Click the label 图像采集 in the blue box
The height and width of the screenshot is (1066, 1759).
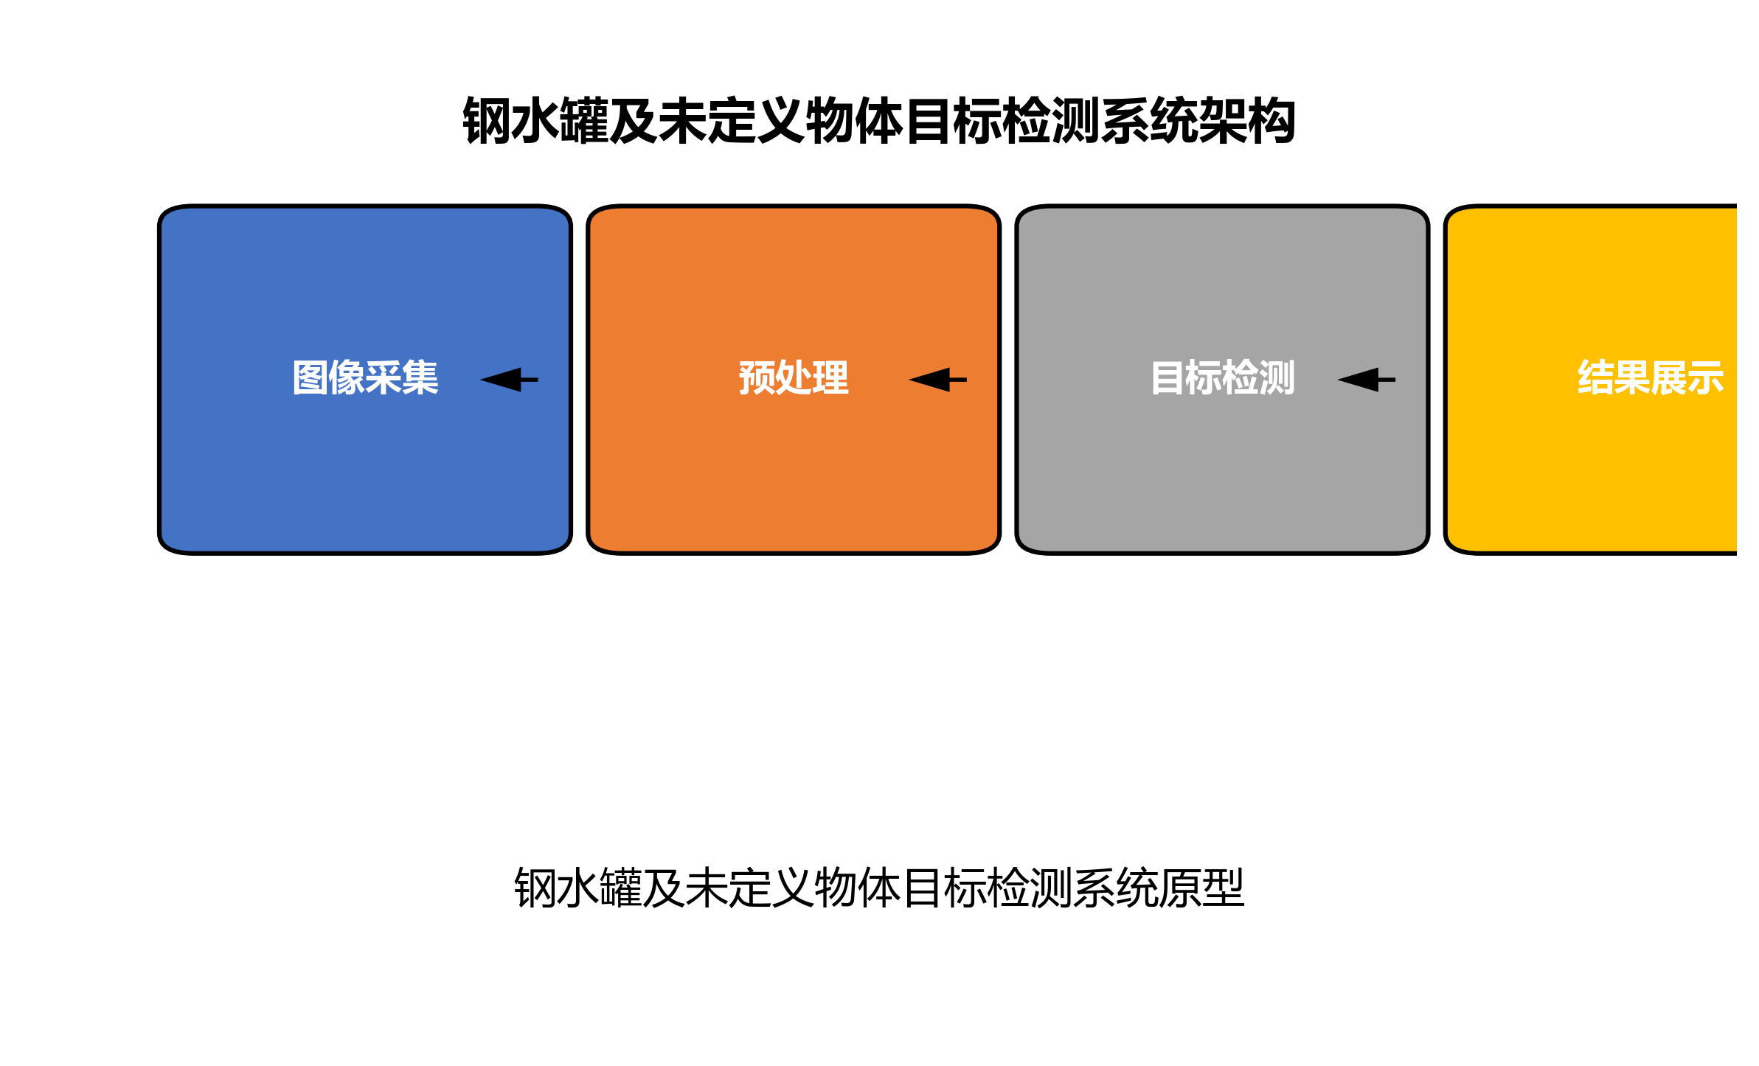point(365,378)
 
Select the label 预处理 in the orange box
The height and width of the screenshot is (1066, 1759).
point(794,378)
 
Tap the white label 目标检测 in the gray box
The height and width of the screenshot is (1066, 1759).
point(1222,378)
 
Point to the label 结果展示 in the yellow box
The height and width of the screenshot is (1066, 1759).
point(1651,378)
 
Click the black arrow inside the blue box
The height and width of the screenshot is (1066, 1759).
point(508,380)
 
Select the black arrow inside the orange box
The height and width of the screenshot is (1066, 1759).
point(937,380)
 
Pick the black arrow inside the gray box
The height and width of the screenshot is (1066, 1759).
point(1365,380)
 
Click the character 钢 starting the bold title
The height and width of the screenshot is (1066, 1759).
point(486,121)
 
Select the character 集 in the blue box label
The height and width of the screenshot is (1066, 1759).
point(420,378)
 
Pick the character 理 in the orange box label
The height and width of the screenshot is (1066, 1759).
point(830,378)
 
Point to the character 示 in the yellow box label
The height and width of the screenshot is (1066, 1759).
point(1706,378)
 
